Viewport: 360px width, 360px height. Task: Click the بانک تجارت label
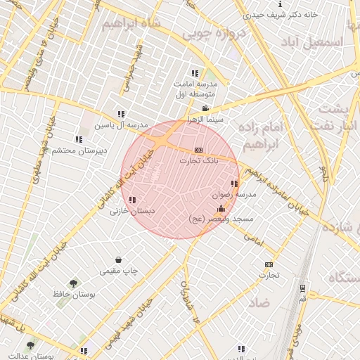coord(198,161)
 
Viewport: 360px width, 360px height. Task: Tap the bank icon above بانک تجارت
coord(198,150)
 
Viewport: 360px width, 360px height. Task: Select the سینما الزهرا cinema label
coord(205,120)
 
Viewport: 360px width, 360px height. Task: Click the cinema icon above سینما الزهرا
coord(205,108)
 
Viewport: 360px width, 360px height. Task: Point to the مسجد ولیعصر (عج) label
coord(221,219)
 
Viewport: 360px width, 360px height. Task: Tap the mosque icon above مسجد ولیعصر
coord(221,208)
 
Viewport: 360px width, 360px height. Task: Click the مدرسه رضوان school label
coord(234,194)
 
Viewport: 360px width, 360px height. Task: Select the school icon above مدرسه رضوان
coord(234,184)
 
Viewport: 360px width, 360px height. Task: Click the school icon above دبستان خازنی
coord(133,200)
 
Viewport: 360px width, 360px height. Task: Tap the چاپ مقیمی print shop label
coord(119,271)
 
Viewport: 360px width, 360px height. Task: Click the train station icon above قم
coord(302,288)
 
